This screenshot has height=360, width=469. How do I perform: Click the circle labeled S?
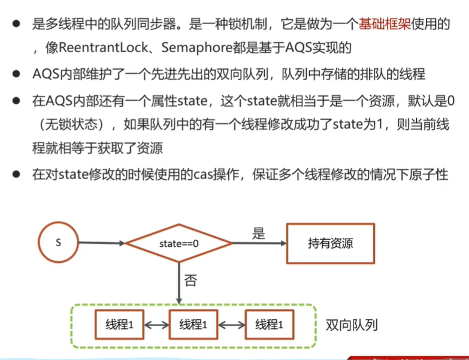[x=58, y=243]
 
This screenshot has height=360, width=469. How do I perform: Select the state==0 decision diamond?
[x=178, y=244]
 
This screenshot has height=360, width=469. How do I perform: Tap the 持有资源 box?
[x=330, y=244]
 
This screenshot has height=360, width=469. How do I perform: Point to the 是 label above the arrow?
[x=258, y=234]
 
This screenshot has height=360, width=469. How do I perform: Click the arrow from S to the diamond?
[x=102, y=243]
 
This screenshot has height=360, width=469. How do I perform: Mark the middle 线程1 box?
[x=193, y=325]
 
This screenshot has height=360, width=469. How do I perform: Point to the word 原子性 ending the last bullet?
[x=429, y=176]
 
